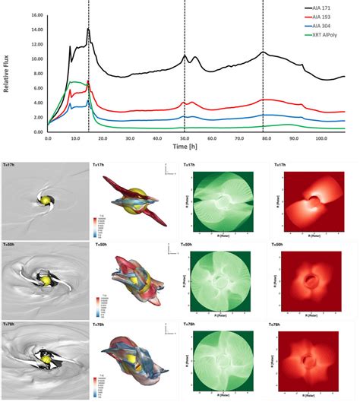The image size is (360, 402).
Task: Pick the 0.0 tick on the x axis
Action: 48,139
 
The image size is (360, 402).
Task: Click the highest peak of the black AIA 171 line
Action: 88,29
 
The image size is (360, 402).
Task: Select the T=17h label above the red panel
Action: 280,164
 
